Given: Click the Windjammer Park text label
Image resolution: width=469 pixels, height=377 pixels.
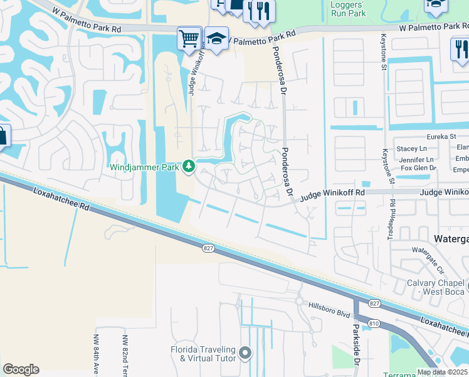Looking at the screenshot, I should point(144,167).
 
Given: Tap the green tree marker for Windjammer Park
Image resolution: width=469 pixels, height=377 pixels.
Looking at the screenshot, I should point(188,167).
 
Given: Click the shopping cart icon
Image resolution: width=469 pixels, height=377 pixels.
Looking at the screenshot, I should point(189,38).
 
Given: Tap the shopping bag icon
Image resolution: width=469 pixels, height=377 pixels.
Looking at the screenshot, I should point(3,136).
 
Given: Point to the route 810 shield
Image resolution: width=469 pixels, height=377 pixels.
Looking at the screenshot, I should point(374,323).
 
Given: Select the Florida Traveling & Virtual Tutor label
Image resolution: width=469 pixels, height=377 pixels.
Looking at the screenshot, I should point(204,354).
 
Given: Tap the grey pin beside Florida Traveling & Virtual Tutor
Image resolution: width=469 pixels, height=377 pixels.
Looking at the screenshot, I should point(245,354).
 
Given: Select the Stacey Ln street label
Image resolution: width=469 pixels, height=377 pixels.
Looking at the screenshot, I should point(411,149).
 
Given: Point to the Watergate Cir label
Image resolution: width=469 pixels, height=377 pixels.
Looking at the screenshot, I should point(428,260).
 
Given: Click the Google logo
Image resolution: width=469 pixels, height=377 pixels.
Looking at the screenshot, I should point(21,369).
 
